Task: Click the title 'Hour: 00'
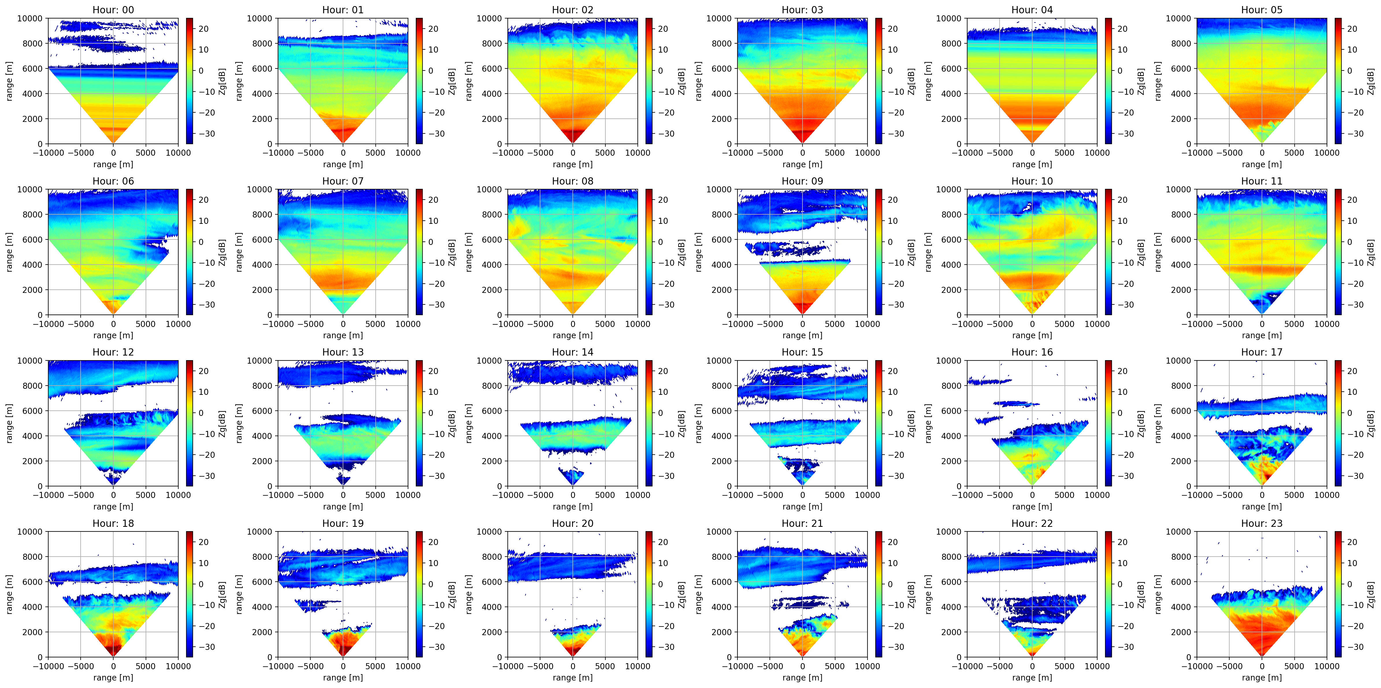[113, 10]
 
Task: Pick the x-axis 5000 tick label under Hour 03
[835, 153]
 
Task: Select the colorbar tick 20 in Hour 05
[1352, 29]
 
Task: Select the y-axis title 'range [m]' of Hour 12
[9, 423]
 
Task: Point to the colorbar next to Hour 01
[419, 81]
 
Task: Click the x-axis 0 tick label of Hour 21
[802, 666]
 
